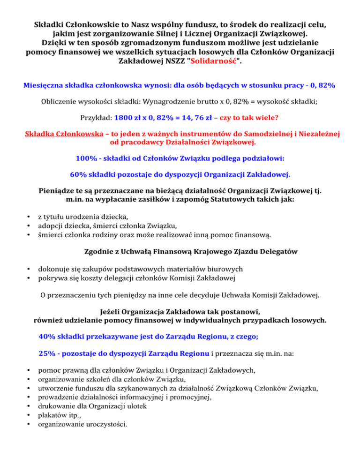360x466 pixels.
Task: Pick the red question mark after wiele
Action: pyautogui.click(x=283, y=117)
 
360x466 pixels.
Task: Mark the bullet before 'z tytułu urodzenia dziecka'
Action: pyautogui.click(x=30, y=217)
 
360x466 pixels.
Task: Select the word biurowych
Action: pyautogui.click(x=225, y=269)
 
